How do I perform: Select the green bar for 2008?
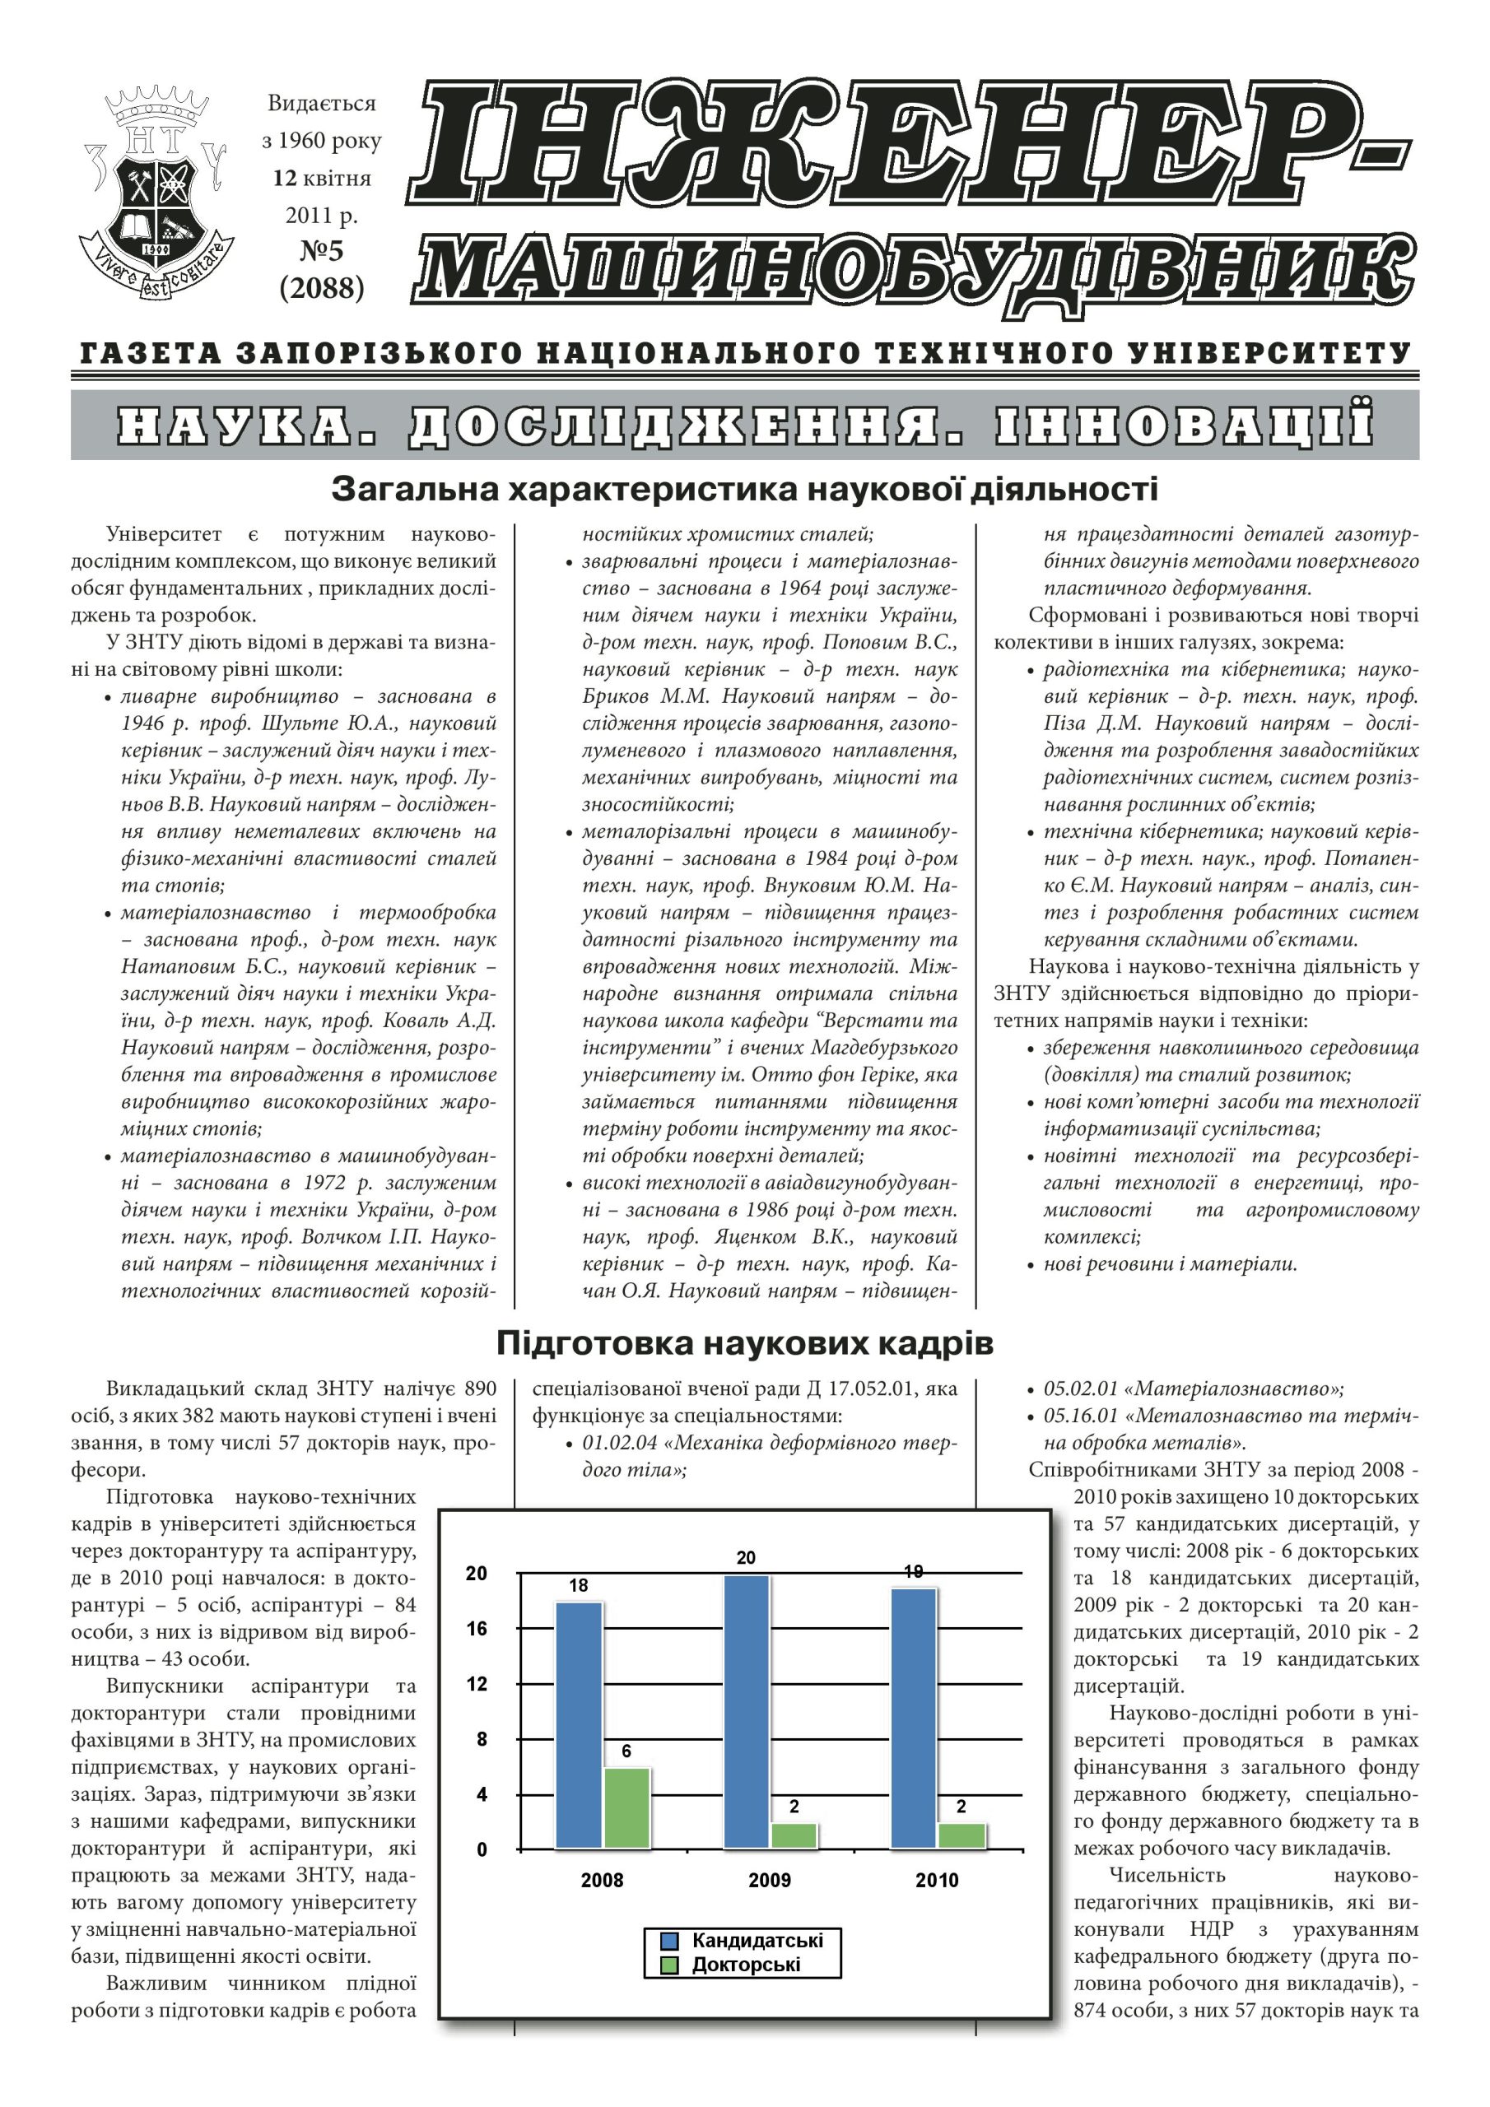(x=626, y=1808)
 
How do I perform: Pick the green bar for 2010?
(x=962, y=1835)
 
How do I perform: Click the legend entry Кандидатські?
(x=757, y=1940)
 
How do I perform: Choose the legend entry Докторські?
(x=746, y=1965)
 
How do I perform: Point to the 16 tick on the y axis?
(x=477, y=1629)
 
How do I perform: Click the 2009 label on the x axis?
(x=770, y=1881)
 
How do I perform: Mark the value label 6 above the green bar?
(x=626, y=1751)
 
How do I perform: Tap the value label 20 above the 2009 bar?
(x=746, y=1557)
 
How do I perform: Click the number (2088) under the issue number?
(x=321, y=288)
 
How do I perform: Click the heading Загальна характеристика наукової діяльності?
(x=744, y=489)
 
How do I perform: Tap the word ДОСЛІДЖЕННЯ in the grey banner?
(x=686, y=426)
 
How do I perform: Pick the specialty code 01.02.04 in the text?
(x=620, y=1443)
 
